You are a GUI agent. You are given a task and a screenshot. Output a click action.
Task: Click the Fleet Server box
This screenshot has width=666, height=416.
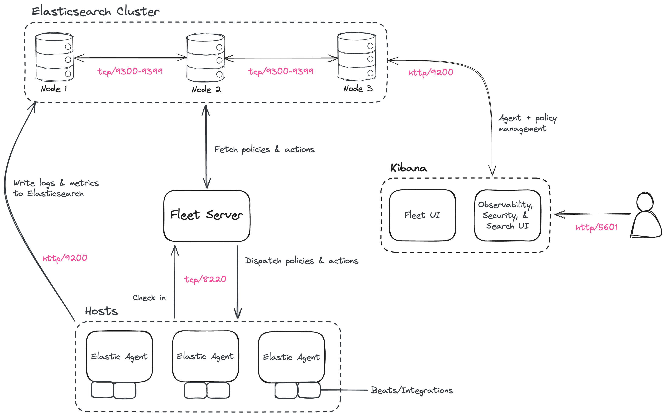tap(207, 215)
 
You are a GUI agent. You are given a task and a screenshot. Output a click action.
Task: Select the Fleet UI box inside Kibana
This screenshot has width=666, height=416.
tap(422, 215)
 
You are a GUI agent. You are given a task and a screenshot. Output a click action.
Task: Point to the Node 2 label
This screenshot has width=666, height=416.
tap(206, 89)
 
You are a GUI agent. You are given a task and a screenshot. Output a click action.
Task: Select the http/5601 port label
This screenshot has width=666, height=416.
tap(596, 227)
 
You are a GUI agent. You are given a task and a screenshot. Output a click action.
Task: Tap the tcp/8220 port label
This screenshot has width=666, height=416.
tap(205, 280)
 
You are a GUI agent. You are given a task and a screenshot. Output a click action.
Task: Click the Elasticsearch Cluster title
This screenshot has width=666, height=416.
tap(95, 11)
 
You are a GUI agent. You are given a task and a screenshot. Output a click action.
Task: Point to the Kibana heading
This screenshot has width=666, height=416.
tap(409, 168)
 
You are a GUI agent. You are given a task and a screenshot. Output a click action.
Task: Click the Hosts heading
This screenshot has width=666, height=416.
tap(101, 311)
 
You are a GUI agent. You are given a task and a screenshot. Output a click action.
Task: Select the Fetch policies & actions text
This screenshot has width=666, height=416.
tap(264, 149)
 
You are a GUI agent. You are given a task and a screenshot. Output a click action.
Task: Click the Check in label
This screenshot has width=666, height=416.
tap(149, 298)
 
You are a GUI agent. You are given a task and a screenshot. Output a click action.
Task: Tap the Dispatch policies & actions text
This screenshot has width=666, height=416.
tap(301, 261)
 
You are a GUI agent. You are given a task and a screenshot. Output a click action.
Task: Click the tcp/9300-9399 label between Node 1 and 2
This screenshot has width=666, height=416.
tap(130, 72)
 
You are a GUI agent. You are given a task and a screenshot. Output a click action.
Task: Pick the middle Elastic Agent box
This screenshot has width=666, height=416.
tap(205, 356)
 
